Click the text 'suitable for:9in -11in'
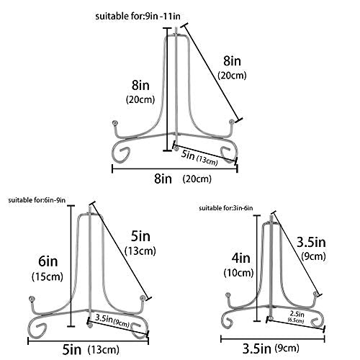(x=138, y=17)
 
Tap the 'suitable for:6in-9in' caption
(x=37, y=200)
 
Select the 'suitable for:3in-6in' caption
(x=226, y=208)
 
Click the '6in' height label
(x=48, y=261)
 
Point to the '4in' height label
(x=240, y=258)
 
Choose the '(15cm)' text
(x=48, y=276)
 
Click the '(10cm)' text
(x=238, y=273)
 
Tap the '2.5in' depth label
(x=297, y=314)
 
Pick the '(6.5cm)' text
(x=296, y=320)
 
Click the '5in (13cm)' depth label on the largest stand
(x=199, y=158)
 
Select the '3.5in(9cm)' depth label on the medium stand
(x=112, y=321)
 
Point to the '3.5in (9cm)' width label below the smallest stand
(x=271, y=348)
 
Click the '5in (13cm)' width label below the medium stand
(x=91, y=350)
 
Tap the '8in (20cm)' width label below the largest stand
(x=183, y=179)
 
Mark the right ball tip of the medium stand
(x=143, y=298)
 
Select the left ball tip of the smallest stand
(x=228, y=295)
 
